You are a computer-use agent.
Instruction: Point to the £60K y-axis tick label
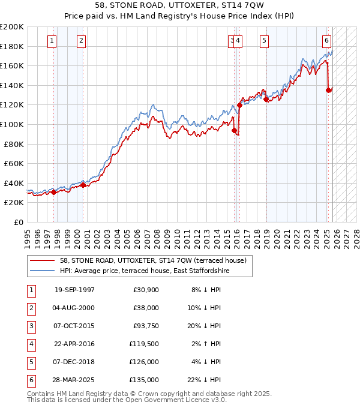tap(14, 163)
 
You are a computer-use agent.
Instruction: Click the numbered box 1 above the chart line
tap(52, 41)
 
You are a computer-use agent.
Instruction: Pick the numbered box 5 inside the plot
tap(264, 41)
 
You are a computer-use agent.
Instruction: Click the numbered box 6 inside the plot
tap(326, 41)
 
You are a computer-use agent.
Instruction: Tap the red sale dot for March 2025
tap(328, 90)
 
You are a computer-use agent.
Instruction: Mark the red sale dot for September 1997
tap(54, 192)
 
